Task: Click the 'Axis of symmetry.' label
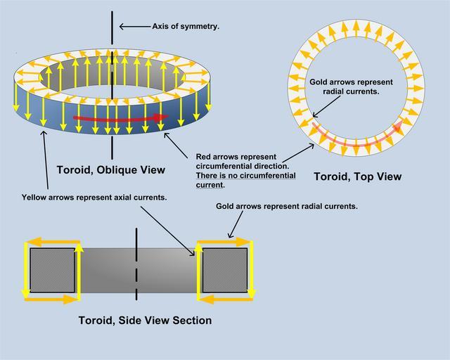pyautogui.click(x=186, y=26)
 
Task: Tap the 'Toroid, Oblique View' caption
pyautogui.click(x=110, y=169)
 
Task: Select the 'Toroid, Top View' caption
pyautogui.click(x=358, y=176)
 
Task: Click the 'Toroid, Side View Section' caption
pyautogui.click(x=145, y=321)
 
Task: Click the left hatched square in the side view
pyautogui.click(x=51, y=270)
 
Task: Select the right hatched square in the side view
pyautogui.click(x=224, y=270)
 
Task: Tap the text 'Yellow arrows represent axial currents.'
pyautogui.click(x=94, y=198)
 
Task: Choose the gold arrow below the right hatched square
pyautogui.click(x=224, y=299)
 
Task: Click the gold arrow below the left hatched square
pyautogui.click(x=51, y=299)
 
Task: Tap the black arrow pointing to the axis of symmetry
pyautogui.click(x=133, y=27)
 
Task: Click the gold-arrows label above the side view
pyautogui.click(x=287, y=207)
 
